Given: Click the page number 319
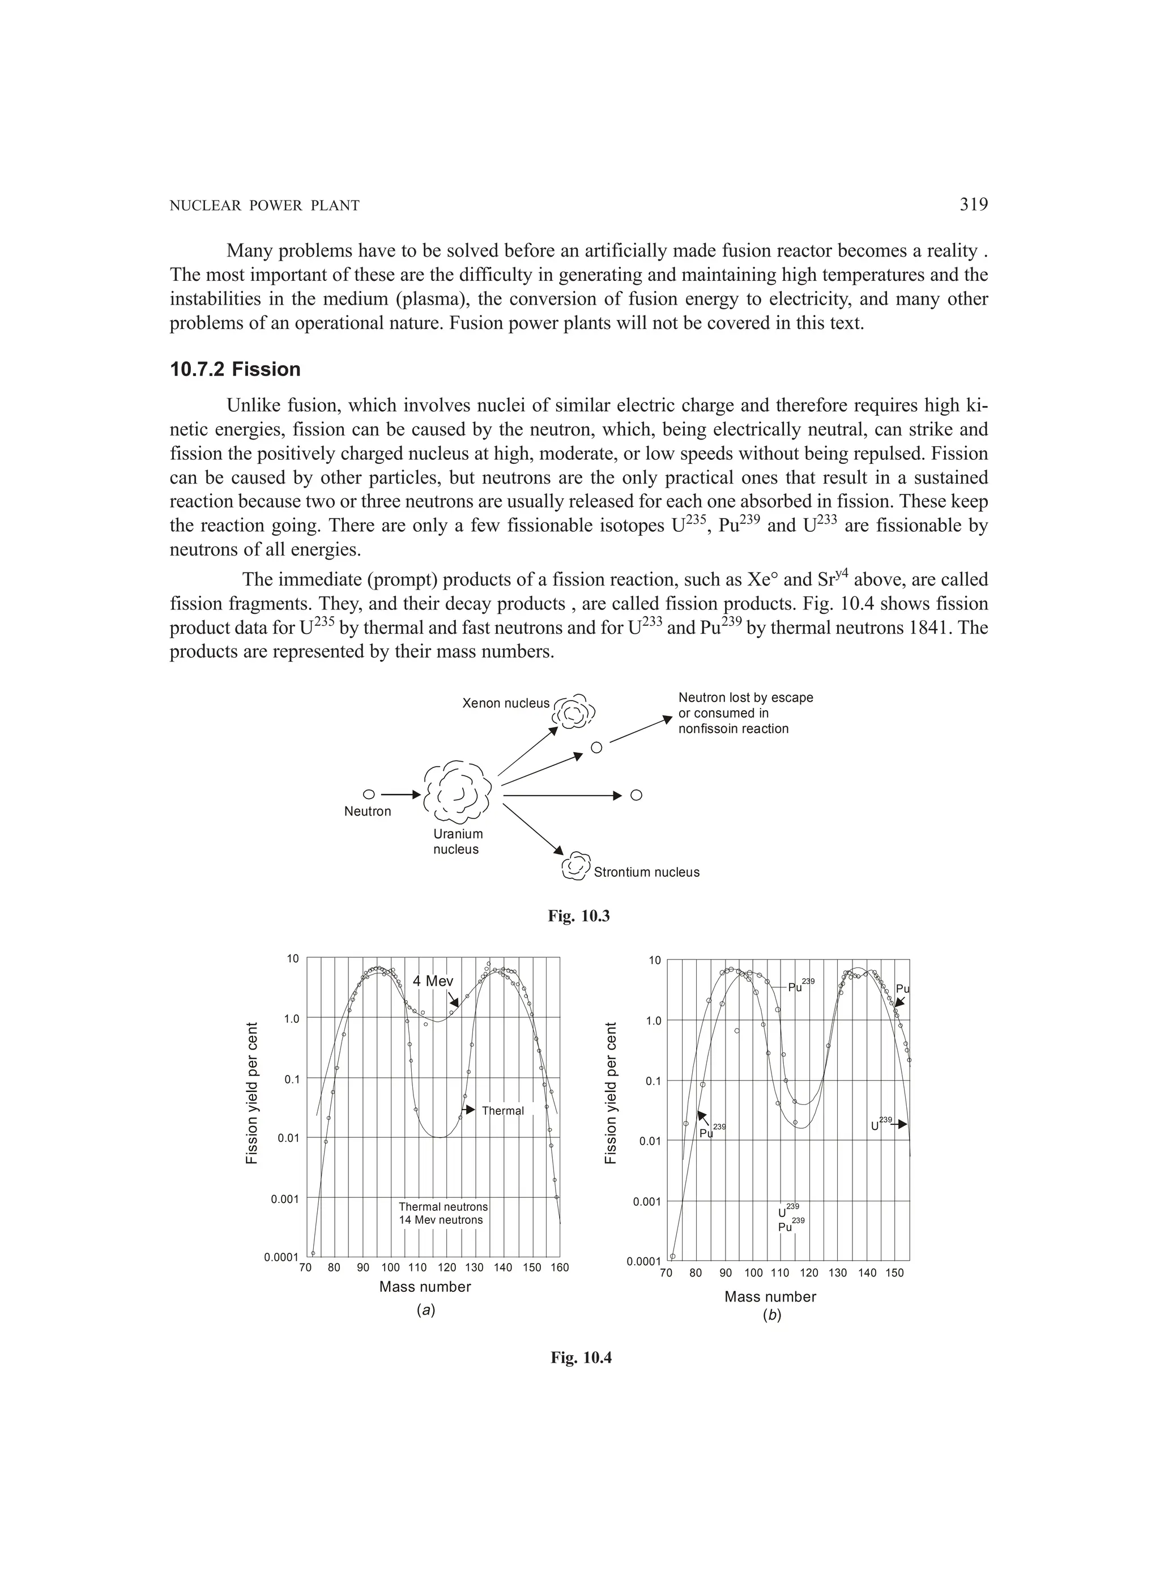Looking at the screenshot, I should click(974, 205).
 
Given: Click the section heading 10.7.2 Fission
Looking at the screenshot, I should click(235, 369).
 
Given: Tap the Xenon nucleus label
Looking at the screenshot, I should click(505, 703).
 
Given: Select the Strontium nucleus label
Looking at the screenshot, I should click(646, 872).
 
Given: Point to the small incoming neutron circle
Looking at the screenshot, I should click(368, 795).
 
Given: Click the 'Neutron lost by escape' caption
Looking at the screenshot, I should click(745, 697).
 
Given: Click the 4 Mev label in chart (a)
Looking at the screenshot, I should click(433, 981).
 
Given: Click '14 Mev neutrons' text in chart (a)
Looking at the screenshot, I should click(441, 1219).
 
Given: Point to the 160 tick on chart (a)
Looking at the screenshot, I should click(559, 1268).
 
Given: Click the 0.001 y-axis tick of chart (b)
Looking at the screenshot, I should click(646, 1201).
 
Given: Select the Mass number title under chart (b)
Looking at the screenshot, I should click(770, 1296).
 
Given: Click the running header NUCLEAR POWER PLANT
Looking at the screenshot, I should click(265, 206).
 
